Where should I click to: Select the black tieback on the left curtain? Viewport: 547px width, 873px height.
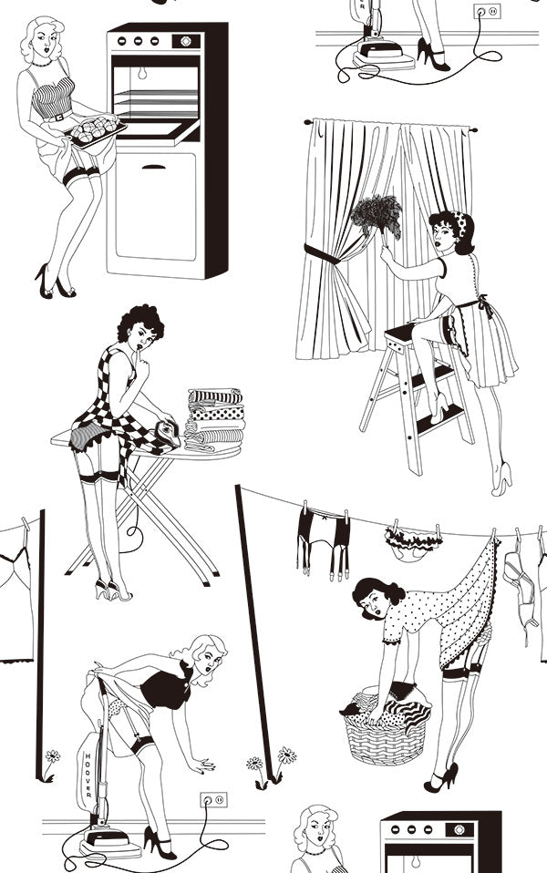click(x=322, y=254)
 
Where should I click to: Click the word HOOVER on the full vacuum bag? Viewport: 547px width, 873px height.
click(x=89, y=775)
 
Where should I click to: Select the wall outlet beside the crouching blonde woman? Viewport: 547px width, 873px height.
click(x=214, y=800)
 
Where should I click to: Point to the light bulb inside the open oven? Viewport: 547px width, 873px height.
click(x=142, y=72)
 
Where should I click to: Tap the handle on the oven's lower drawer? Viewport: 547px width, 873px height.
click(x=154, y=167)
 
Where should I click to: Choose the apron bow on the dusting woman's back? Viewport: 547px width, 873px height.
click(x=482, y=304)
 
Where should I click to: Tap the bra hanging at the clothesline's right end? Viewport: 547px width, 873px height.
click(x=521, y=585)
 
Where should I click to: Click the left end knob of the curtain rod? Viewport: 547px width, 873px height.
click(x=307, y=121)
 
